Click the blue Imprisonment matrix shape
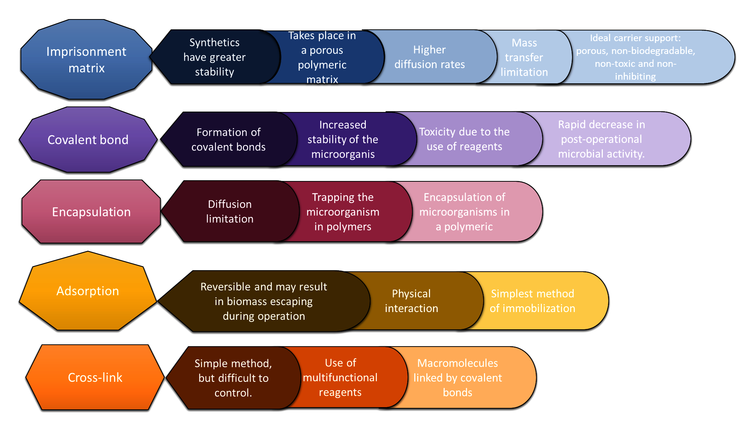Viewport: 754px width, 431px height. click(86, 59)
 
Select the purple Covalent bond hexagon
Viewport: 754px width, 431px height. click(88, 140)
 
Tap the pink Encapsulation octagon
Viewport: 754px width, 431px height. click(91, 212)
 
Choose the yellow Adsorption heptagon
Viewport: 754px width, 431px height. click(88, 291)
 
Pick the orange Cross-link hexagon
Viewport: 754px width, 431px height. click(95, 377)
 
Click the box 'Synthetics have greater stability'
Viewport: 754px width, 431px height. click(215, 57)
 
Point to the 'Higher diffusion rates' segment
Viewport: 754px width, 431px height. click(429, 57)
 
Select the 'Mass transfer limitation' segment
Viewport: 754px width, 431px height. click(524, 58)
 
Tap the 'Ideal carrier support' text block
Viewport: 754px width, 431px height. click(635, 57)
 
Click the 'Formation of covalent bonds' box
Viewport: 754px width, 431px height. click(228, 140)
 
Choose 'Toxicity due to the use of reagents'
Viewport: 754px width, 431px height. click(464, 139)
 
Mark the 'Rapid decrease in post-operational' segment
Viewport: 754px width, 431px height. click(601, 139)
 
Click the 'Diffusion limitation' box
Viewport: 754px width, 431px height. click(230, 211)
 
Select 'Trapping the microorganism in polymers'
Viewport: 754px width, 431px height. click(343, 212)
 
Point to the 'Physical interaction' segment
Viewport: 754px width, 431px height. click(411, 301)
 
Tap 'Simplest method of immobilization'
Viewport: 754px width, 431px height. click(532, 301)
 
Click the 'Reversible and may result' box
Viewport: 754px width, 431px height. click(263, 301)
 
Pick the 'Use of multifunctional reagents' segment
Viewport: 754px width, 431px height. click(340, 377)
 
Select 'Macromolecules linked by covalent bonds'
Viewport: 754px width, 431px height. click(458, 378)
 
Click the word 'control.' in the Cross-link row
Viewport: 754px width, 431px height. click(233, 393)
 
